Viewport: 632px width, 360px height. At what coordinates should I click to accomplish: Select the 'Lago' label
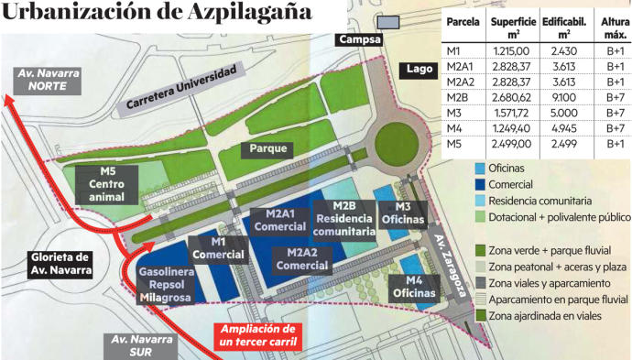(417, 69)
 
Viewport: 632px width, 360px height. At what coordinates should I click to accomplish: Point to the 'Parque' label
(267, 148)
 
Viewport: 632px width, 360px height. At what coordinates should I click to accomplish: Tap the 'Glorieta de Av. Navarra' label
(59, 263)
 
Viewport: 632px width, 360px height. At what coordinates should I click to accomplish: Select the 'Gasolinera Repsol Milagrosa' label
(164, 284)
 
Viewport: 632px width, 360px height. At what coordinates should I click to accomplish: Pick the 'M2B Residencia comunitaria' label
(344, 219)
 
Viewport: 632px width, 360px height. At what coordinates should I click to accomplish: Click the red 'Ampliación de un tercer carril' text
(260, 335)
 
